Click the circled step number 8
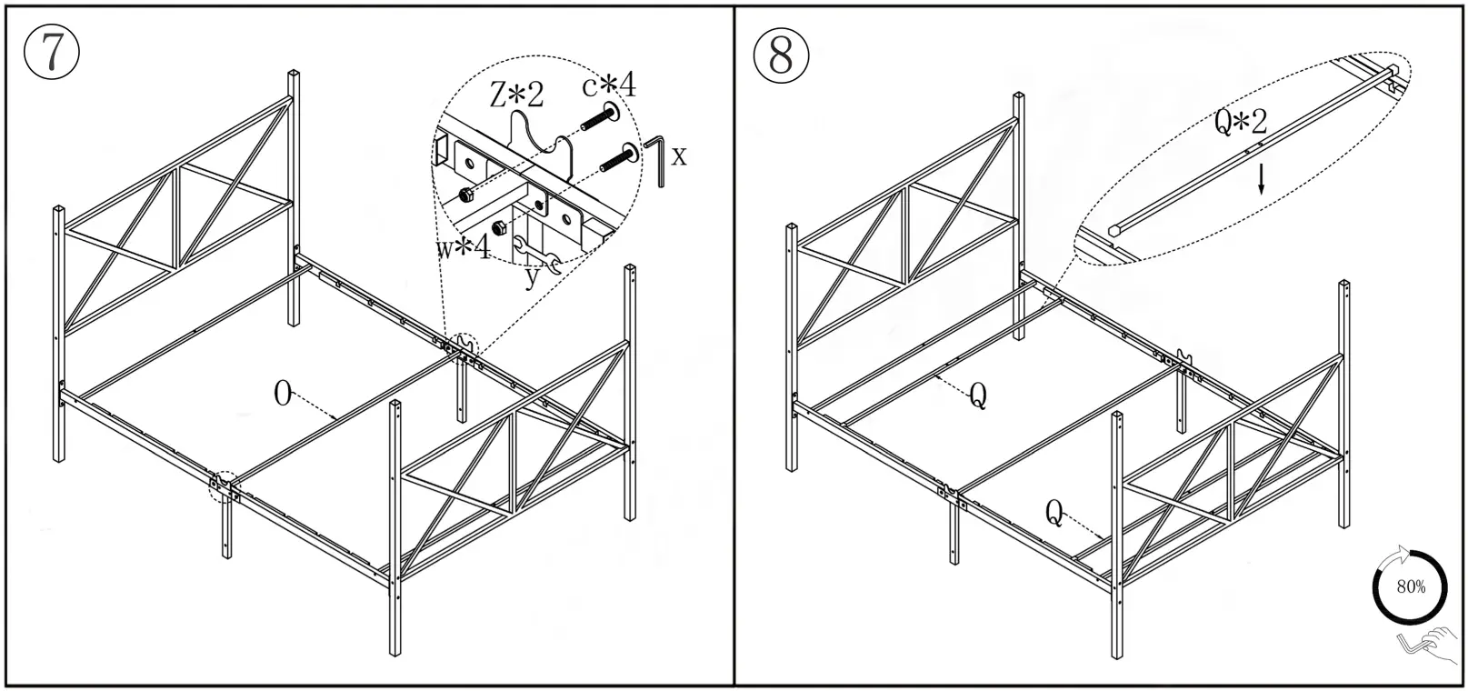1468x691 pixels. (781, 55)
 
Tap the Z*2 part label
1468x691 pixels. (516, 95)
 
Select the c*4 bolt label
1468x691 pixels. (609, 85)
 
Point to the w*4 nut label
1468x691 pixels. (463, 246)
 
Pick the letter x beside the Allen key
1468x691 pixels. (679, 156)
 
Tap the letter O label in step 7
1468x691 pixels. (283, 395)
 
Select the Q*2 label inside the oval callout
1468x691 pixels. (1240, 122)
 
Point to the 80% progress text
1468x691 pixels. (1411, 587)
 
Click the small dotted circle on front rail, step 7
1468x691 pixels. (222, 486)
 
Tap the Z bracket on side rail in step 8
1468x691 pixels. (1184, 356)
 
